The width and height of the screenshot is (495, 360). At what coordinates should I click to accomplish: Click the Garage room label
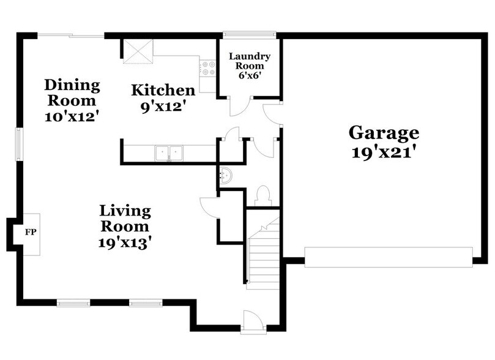[x=384, y=132]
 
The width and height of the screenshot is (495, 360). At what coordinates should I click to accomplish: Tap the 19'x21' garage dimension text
[x=384, y=152]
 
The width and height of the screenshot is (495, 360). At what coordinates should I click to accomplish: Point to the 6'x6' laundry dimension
[x=250, y=77]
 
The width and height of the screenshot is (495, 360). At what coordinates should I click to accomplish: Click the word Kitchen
[x=163, y=91]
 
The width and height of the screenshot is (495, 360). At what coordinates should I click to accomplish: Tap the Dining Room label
[x=72, y=92]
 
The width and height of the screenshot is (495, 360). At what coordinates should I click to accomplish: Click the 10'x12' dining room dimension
[x=72, y=116]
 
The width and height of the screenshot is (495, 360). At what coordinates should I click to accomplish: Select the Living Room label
[x=125, y=219]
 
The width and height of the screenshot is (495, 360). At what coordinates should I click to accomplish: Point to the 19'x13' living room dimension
[x=125, y=242]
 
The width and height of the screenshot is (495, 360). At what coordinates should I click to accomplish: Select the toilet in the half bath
[x=263, y=195]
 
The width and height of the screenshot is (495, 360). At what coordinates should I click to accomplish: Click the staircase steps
[x=263, y=257]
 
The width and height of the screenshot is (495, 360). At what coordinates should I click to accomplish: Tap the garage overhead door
[x=389, y=257]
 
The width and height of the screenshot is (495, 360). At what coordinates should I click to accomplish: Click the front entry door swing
[x=252, y=321]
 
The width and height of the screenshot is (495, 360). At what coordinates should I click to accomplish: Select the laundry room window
[x=250, y=35]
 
